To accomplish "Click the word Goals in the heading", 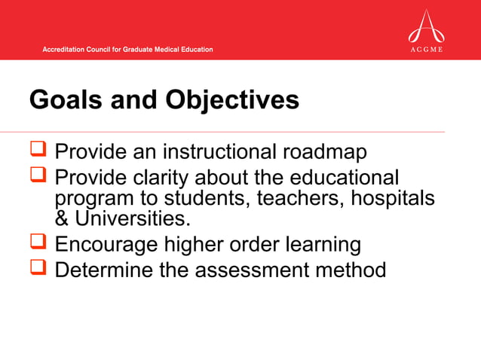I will click(63, 101).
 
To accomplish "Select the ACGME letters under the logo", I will click(426, 50).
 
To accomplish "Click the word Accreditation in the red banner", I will click(66, 50).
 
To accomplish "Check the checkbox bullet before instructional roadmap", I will click(39, 151).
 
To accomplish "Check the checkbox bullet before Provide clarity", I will click(39, 178).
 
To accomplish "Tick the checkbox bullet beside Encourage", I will click(39, 244).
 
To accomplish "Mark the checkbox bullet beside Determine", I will click(39, 268).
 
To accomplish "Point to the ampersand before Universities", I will click(61, 219).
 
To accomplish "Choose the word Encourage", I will click(108, 246).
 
